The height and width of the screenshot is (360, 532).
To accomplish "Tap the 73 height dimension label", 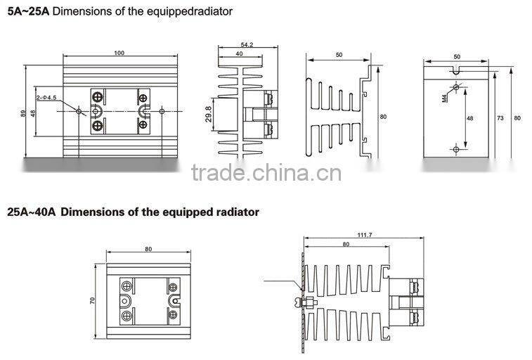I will [x=500, y=117].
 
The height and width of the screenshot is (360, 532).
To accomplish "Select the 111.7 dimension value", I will [x=364, y=236].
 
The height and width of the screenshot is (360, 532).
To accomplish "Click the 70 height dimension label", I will [x=92, y=300].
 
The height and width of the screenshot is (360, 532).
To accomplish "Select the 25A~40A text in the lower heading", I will [x=32, y=211].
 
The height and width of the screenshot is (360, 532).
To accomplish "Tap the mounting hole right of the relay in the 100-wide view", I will [x=162, y=110].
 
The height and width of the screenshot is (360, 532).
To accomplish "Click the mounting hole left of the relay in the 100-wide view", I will [x=78, y=110].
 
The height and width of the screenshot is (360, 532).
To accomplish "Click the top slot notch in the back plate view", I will [x=456, y=69].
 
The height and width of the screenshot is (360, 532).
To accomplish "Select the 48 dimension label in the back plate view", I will [x=469, y=117].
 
